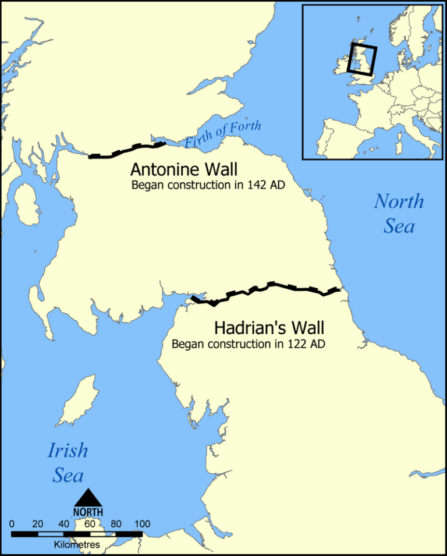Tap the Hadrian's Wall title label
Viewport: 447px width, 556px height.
(269, 328)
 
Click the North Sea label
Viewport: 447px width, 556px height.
(399, 213)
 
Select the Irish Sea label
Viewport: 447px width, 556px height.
(68, 462)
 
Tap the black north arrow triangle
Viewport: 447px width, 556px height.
(88, 497)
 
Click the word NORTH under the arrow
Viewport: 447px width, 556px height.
(88, 511)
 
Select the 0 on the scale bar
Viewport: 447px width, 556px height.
(12, 523)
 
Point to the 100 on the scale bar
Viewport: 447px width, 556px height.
(141, 523)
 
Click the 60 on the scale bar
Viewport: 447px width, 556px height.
(89, 523)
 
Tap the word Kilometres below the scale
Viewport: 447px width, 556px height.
(77, 544)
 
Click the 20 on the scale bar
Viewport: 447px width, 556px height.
(38, 523)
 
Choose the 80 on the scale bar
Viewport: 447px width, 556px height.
(115, 523)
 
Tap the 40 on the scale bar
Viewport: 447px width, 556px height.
(63, 523)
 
